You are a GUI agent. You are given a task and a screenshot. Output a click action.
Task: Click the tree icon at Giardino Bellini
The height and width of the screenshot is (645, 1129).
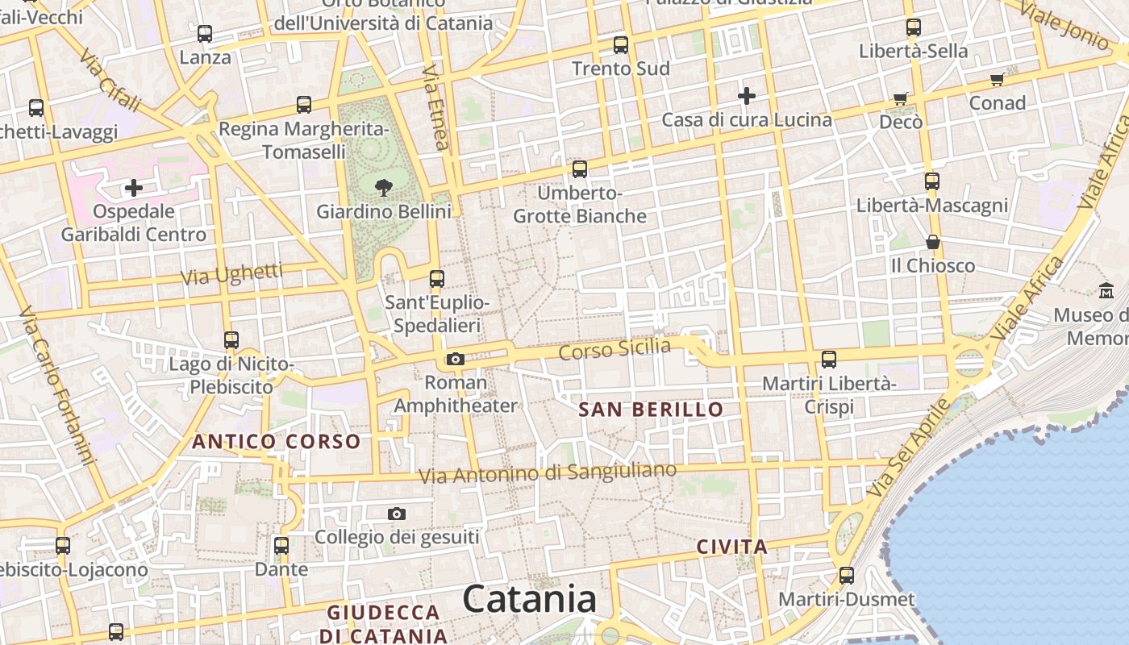point(383,188)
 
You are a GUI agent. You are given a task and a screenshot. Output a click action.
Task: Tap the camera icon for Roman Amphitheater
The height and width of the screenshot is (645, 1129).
point(455,359)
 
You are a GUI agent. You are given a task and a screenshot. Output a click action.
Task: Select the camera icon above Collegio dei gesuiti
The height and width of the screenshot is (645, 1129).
point(396,514)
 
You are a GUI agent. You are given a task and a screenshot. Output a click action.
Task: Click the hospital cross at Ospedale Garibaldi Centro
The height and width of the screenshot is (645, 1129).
point(134,188)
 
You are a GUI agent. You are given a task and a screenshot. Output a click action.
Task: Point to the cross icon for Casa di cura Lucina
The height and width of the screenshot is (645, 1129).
point(747,96)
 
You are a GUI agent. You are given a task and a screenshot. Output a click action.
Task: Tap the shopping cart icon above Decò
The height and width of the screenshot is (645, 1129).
point(900,98)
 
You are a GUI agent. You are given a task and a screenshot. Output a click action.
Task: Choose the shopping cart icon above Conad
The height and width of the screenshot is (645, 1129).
point(997,79)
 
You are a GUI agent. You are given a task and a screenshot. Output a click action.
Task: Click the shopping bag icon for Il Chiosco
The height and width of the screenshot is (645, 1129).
point(932,242)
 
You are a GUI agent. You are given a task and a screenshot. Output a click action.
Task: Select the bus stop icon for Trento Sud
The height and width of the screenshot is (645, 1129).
point(620,45)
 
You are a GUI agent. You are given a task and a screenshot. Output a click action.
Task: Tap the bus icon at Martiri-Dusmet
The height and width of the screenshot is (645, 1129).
point(846,576)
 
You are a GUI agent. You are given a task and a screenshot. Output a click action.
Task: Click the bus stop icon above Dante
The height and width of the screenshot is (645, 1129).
point(281,546)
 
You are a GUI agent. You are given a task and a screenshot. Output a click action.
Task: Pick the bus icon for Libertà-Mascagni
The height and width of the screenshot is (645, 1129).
point(932,181)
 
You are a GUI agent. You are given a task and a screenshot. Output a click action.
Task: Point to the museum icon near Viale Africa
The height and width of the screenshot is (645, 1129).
point(1106,290)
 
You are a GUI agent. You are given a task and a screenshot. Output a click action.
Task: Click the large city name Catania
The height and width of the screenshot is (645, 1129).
point(530,599)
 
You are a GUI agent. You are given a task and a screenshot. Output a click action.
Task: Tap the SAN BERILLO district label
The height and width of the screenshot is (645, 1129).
point(651,410)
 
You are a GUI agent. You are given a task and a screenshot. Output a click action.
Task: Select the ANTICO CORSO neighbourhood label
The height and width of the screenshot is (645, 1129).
point(276,441)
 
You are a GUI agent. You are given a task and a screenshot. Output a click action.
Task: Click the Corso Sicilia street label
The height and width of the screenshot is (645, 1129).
point(614,349)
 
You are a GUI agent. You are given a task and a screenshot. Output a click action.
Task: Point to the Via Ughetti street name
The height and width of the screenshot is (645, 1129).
point(231,274)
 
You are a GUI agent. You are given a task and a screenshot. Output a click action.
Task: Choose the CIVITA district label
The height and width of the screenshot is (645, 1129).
point(732,547)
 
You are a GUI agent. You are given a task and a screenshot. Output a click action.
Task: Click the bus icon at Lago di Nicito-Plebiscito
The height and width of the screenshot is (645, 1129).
point(231,340)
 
